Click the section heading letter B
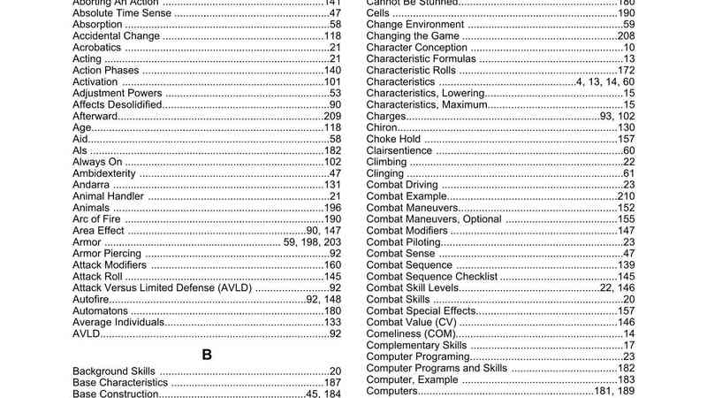(207, 355)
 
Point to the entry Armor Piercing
(106, 254)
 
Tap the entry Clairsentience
(399, 150)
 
